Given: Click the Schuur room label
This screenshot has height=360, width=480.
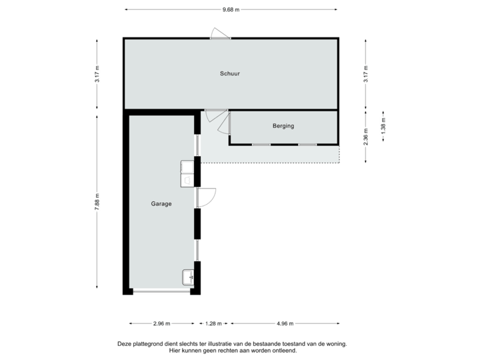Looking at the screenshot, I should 230,73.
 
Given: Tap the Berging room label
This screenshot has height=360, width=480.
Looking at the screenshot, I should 283,125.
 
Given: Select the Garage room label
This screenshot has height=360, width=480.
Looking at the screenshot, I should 161,204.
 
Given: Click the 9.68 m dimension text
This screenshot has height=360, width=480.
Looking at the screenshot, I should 231,9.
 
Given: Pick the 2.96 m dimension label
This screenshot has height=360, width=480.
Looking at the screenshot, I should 161,323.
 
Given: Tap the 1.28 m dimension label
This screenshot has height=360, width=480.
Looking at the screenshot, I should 213,323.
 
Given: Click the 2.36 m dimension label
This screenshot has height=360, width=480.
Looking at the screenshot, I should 365,136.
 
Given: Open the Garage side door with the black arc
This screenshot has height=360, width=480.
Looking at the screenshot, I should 207,197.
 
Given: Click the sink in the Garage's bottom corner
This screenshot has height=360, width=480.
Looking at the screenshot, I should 188,277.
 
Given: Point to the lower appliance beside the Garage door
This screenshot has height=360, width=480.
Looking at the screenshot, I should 188,179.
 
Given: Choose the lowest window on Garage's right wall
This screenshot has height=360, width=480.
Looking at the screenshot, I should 197,251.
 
